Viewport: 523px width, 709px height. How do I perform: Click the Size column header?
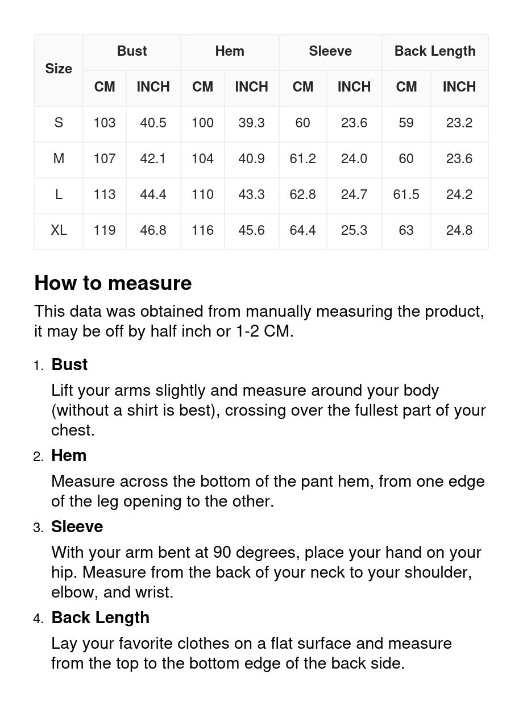59,69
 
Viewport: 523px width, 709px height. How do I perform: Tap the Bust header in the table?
132,51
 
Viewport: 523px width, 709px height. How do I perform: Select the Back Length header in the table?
435,51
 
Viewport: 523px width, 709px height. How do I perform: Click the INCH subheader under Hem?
251,87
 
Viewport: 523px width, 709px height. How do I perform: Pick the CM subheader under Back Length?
406,87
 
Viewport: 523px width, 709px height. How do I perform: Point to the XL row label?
59,230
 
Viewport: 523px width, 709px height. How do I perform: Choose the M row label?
59,159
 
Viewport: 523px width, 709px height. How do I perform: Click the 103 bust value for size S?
105,123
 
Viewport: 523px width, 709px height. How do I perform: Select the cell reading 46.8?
153,230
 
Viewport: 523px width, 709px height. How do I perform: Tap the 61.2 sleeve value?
302,159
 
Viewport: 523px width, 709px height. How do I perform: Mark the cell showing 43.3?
251,194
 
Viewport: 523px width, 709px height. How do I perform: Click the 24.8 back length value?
459,230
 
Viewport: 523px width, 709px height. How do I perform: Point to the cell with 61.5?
406,194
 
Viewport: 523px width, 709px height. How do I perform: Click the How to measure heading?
113,283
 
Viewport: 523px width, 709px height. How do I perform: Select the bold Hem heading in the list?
69,455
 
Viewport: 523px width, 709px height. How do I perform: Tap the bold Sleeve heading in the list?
77,526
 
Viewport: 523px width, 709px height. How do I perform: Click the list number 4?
38,619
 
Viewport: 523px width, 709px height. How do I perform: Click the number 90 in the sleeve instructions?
222,553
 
